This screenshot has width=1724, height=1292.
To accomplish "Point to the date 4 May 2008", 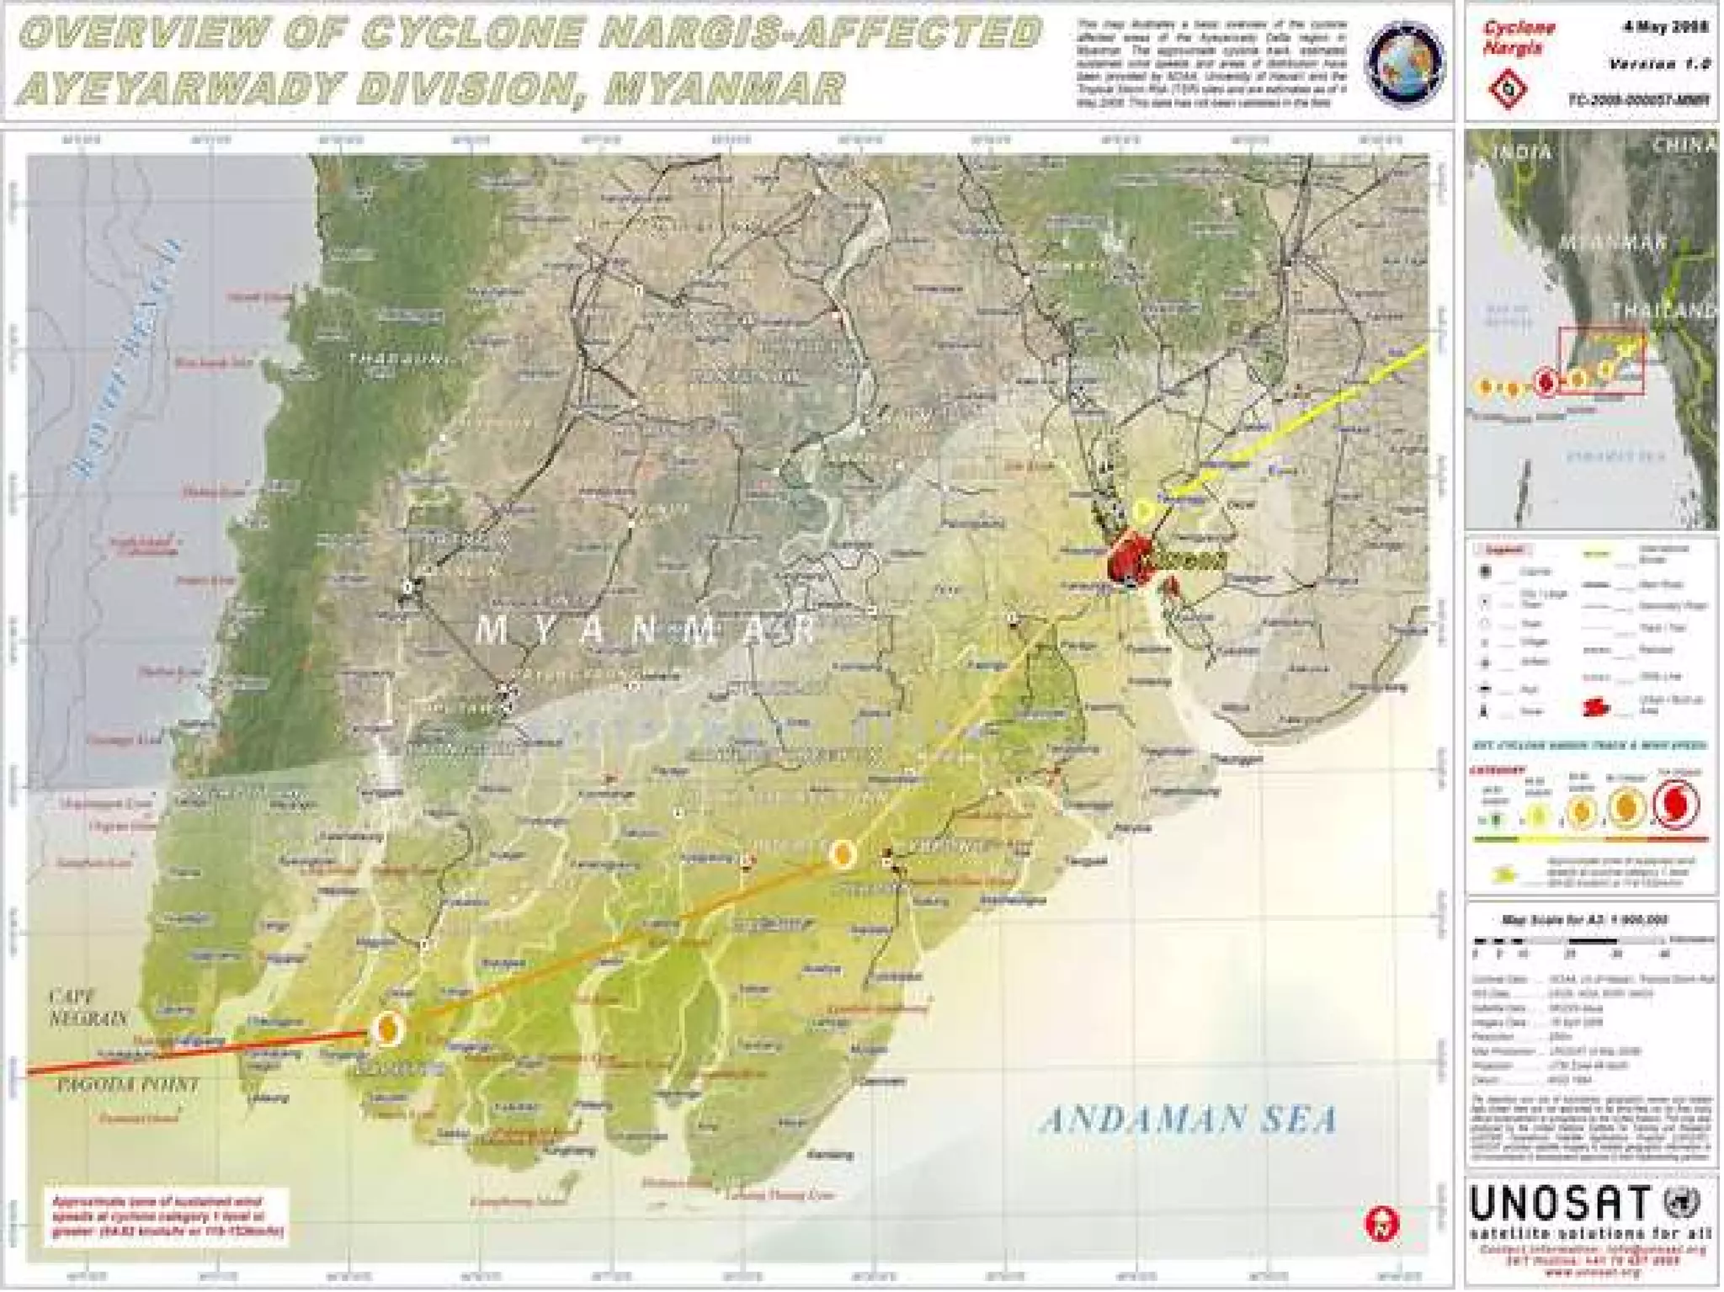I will (x=1666, y=27).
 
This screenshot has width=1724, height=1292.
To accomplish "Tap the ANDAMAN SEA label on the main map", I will (x=1189, y=1119).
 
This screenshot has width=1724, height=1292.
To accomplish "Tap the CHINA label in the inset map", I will (x=1682, y=146).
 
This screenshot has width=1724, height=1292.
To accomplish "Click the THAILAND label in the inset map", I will (x=1663, y=311).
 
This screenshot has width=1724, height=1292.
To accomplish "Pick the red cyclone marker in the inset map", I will (x=1546, y=381).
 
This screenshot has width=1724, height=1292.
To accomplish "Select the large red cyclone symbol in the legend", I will (x=1675, y=804).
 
